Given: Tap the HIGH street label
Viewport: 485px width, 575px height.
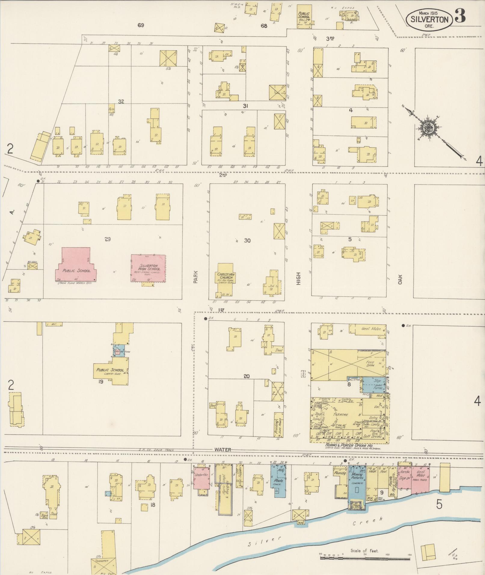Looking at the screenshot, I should (x=298, y=278).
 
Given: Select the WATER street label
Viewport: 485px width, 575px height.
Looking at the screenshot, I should (x=223, y=450).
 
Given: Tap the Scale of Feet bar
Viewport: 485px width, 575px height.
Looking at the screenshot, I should (x=365, y=558).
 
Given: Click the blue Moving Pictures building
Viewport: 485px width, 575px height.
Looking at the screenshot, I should (x=357, y=483).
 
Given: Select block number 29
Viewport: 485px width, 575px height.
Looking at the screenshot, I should (x=108, y=239).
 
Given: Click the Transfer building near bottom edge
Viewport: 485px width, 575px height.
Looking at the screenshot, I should (x=103, y=564).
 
